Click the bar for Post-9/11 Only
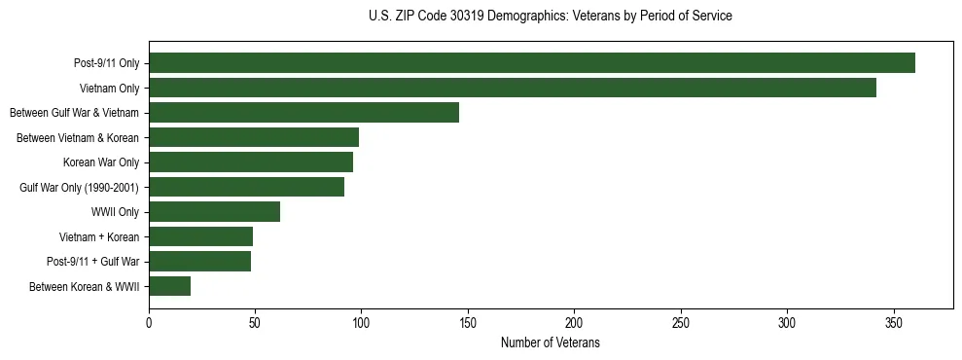pos(531,63)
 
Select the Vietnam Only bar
pos(512,88)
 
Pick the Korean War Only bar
pos(250,162)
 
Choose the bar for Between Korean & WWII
pos(169,286)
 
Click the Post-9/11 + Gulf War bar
pos(199,262)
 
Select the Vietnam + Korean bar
pos(200,236)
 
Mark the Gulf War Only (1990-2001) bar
pos(246,187)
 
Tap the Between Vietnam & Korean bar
pos(253,137)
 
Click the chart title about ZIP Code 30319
pos(551,17)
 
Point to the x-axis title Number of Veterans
pos(550,343)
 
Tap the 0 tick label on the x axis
pos(149,322)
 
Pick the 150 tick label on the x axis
pos(468,322)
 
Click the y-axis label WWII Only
pos(115,212)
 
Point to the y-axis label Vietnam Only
pos(109,89)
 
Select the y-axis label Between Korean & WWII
pos(85,287)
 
